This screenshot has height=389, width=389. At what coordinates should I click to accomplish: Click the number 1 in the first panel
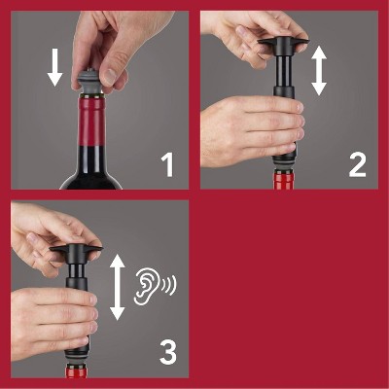pyautogui.click(x=167, y=164)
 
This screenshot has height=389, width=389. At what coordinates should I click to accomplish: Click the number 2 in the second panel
pyautogui.click(x=357, y=164)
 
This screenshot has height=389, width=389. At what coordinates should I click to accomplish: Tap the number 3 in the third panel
pyautogui.click(x=167, y=353)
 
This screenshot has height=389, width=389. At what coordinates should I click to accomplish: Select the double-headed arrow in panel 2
pyautogui.click(x=319, y=73)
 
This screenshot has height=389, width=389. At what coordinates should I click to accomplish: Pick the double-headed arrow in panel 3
pyautogui.click(x=118, y=286)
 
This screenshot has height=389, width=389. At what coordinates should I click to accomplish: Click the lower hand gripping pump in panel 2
pyautogui.click(x=238, y=126)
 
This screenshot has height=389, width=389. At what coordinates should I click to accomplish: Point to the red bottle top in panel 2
pyautogui.click(x=284, y=180)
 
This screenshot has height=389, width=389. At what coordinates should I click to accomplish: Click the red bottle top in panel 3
pyautogui.click(x=78, y=371)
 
